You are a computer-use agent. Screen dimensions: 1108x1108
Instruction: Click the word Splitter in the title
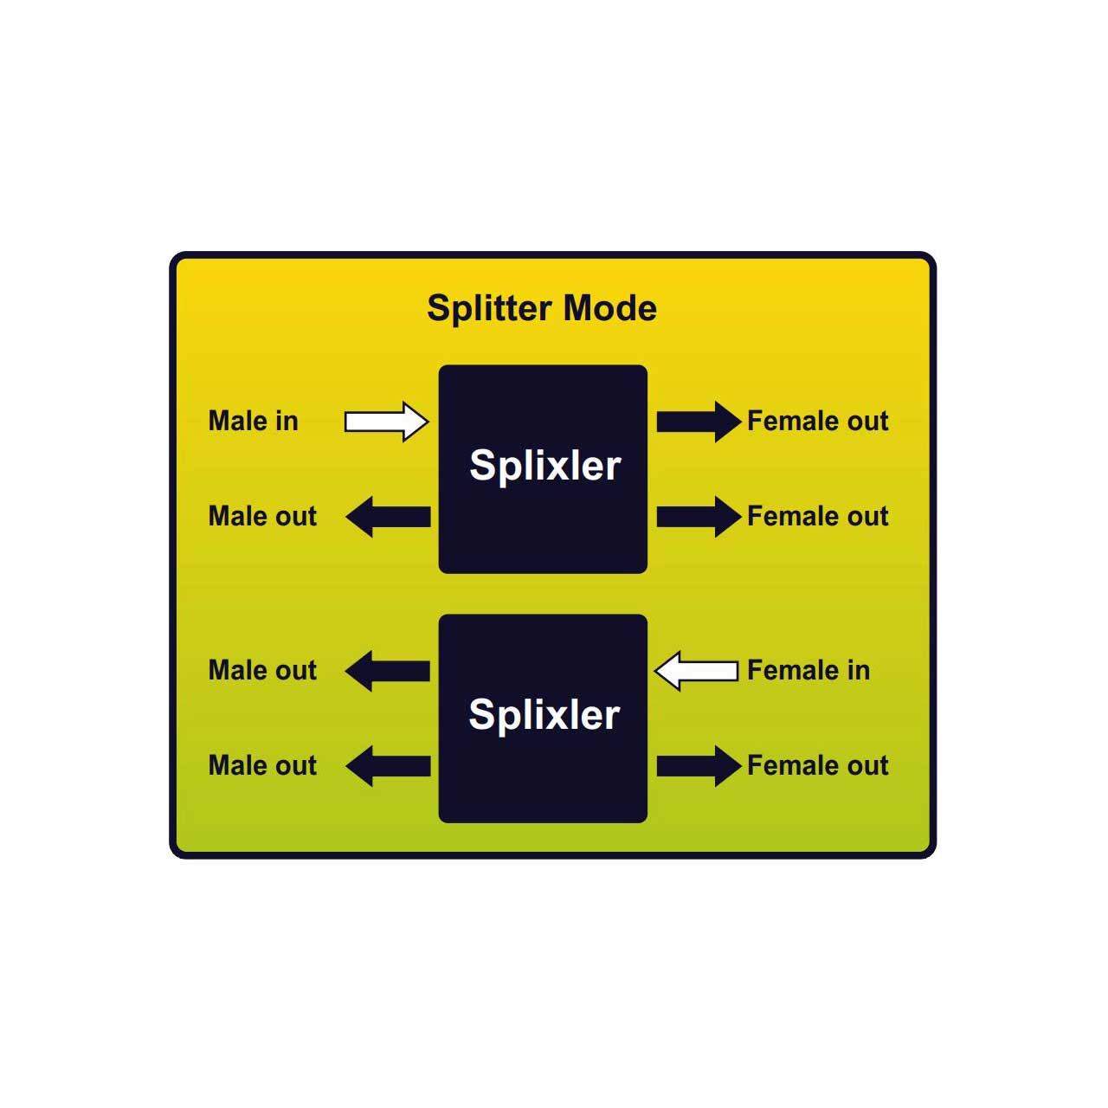coord(491,309)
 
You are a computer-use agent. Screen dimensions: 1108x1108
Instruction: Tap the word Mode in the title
coord(610,308)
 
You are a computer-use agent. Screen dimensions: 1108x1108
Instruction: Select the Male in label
coord(254,421)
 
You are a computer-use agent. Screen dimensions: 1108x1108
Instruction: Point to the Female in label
coord(808,671)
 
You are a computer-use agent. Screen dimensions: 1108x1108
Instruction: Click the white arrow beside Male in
coord(386,422)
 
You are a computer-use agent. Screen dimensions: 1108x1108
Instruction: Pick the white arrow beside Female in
coord(696,671)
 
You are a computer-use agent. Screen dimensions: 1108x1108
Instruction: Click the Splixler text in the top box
coord(545,466)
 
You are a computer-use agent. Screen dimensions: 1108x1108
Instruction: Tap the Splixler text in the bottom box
coord(544,715)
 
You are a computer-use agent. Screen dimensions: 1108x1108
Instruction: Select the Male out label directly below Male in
coord(263,516)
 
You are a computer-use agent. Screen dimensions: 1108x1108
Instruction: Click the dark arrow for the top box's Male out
coord(388,516)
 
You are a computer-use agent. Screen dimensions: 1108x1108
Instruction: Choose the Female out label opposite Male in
coord(818,421)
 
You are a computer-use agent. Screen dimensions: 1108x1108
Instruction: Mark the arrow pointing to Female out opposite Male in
coord(699,422)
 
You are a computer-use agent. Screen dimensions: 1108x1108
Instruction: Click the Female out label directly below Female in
coord(818,766)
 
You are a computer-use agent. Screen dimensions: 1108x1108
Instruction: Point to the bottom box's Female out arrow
coord(699,766)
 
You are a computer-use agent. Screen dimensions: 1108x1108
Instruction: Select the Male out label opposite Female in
coord(263,671)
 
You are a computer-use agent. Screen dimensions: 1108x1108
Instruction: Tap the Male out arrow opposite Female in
coord(388,671)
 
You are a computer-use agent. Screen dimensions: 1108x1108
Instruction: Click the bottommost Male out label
coord(263,766)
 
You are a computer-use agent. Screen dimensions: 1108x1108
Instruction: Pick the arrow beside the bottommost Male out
coord(388,766)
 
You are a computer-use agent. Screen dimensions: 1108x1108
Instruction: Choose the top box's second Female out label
coord(818,516)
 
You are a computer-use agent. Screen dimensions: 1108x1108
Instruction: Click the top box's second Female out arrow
coord(699,516)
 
